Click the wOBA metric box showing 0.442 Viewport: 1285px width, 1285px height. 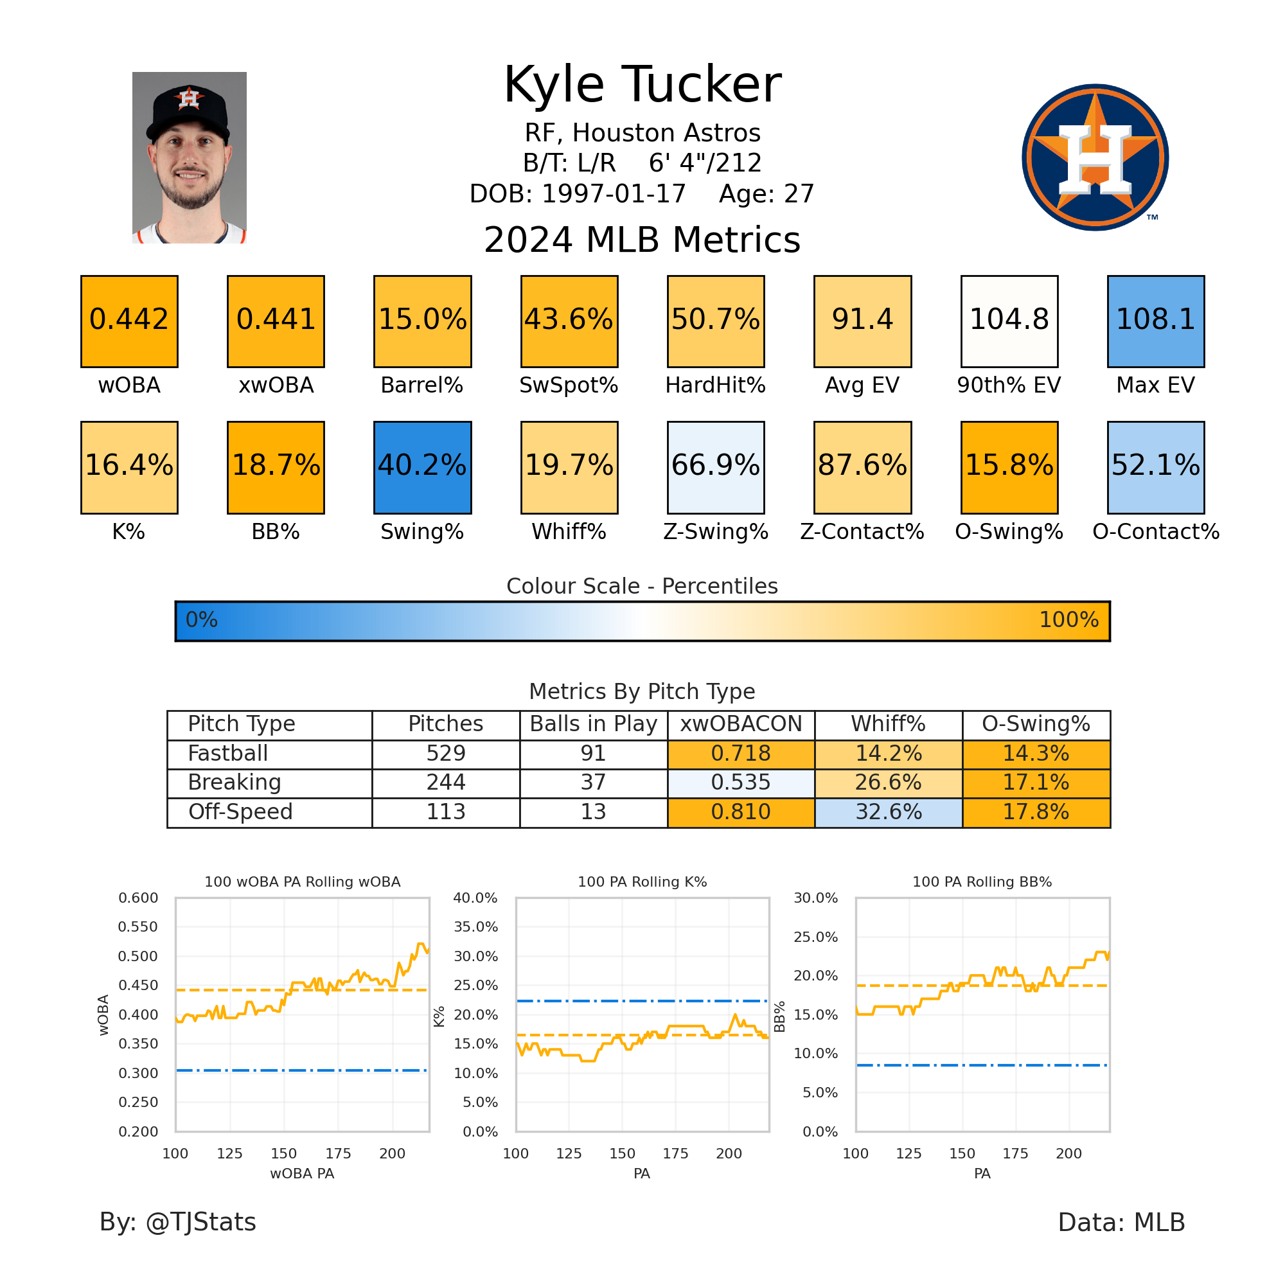pyautogui.click(x=129, y=321)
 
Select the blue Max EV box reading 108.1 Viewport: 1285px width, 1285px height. pyautogui.click(x=1155, y=321)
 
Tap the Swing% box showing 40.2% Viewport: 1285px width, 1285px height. pyautogui.click(x=422, y=467)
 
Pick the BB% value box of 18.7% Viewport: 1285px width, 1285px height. pyautogui.click(x=276, y=467)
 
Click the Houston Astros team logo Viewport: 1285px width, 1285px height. pyautogui.click(x=1095, y=157)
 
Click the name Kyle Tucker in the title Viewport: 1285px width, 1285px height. pyautogui.click(x=642, y=85)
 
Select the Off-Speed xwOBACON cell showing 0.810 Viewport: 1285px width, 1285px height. pyautogui.click(x=740, y=812)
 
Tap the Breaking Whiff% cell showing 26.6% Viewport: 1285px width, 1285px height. pyautogui.click(x=888, y=783)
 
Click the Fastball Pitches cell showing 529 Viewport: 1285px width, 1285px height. pyautogui.click(x=445, y=754)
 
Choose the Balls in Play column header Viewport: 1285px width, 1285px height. pyautogui.click(x=592, y=724)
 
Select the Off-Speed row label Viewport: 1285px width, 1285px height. pyautogui.click(x=240, y=812)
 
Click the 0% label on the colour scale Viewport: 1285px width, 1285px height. pyautogui.click(x=202, y=620)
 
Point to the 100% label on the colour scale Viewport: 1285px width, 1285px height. pyautogui.click(x=1068, y=620)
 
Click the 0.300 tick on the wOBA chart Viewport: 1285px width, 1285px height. pyautogui.click(x=138, y=1073)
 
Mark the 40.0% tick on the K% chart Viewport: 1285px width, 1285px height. pyautogui.click(x=475, y=898)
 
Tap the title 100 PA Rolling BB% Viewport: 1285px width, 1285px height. pyautogui.click(x=982, y=882)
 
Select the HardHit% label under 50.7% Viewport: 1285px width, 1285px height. pyautogui.click(x=715, y=385)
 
